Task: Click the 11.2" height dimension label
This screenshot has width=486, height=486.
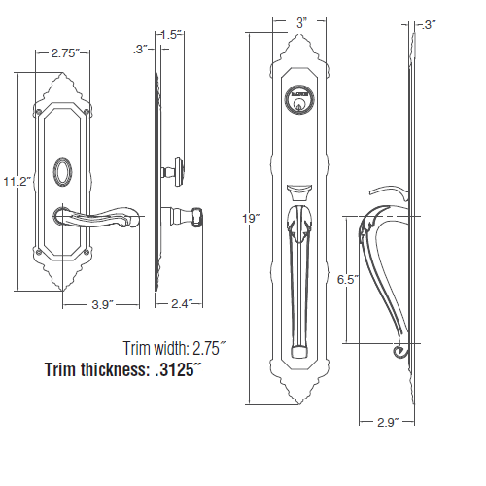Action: (x=17, y=181)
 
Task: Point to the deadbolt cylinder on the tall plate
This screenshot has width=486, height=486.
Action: (x=296, y=97)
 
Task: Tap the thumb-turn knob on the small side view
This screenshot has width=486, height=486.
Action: (x=178, y=172)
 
